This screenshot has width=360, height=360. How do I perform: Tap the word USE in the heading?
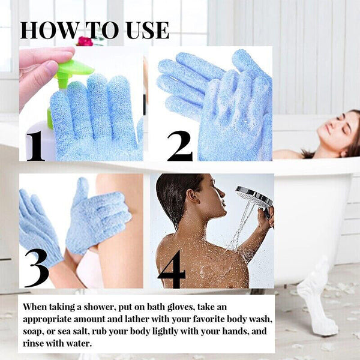[144, 30]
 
